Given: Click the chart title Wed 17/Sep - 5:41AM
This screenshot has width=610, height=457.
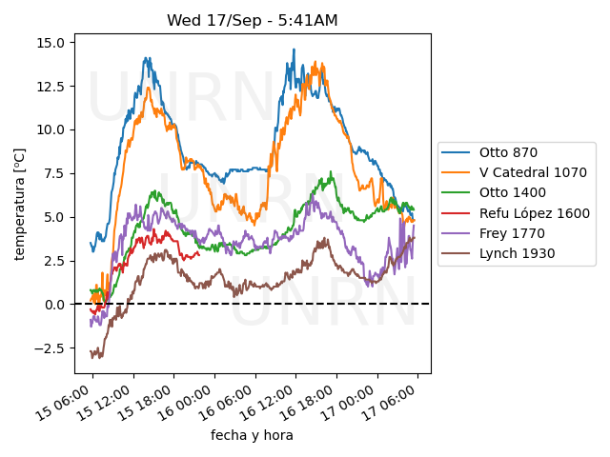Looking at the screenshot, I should (252, 20).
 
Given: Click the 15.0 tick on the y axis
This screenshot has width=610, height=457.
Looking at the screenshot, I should (50, 43).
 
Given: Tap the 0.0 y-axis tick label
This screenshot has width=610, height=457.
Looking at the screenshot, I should (53, 305).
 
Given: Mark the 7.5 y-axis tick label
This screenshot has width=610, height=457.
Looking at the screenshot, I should (53, 173).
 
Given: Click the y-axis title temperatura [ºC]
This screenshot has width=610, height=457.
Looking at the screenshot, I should (18, 203).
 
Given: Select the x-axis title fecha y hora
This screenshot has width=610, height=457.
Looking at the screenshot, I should (252, 435).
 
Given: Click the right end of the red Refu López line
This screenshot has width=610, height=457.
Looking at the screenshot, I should (199, 253).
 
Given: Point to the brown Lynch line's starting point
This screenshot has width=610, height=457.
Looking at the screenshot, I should (91, 353).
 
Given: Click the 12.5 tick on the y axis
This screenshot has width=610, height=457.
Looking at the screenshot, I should (50, 86).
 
